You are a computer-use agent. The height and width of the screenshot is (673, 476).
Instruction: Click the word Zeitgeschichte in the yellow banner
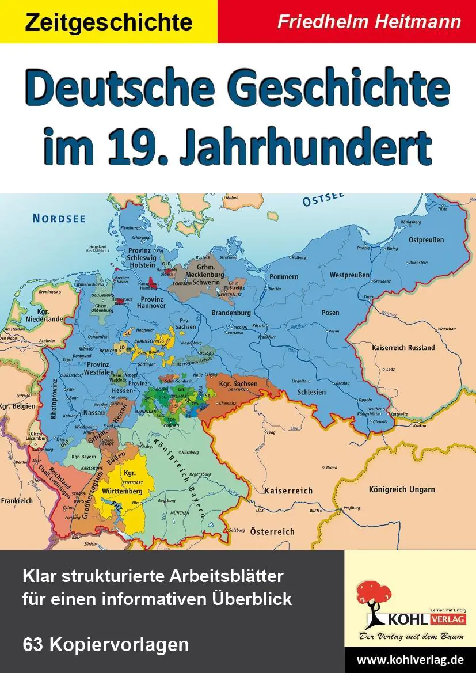click(x=109, y=22)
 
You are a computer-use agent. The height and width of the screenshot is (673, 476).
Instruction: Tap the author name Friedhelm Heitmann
click(x=369, y=22)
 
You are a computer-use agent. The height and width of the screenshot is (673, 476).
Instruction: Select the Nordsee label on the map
click(x=59, y=218)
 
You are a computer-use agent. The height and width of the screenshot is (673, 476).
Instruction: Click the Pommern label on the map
click(x=284, y=277)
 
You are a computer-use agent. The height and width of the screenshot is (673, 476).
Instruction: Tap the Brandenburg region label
click(x=231, y=313)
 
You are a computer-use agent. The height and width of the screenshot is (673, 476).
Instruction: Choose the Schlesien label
click(x=311, y=392)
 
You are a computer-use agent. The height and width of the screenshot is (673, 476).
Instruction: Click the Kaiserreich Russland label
click(x=403, y=348)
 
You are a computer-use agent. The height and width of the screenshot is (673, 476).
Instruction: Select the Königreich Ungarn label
click(x=402, y=489)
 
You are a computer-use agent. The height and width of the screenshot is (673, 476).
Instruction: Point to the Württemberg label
click(x=121, y=491)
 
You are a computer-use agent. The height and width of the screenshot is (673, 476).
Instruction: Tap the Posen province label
click(x=330, y=313)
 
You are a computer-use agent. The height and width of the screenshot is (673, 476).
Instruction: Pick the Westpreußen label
click(x=349, y=275)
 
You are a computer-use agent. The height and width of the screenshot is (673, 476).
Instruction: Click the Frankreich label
click(x=17, y=501)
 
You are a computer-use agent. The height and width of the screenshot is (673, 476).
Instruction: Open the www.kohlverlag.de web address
click(x=410, y=659)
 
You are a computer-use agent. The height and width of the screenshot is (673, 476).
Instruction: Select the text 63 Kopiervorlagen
click(x=106, y=645)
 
